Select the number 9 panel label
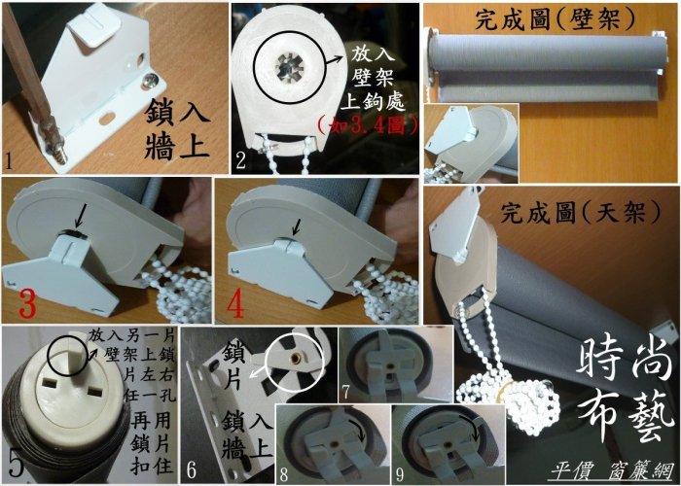[400, 474]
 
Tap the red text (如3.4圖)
[368, 125]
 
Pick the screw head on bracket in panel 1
[152, 79]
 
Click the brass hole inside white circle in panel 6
[296, 359]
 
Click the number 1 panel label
[8, 162]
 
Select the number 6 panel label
[191, 470]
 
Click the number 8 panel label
[284, 474]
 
